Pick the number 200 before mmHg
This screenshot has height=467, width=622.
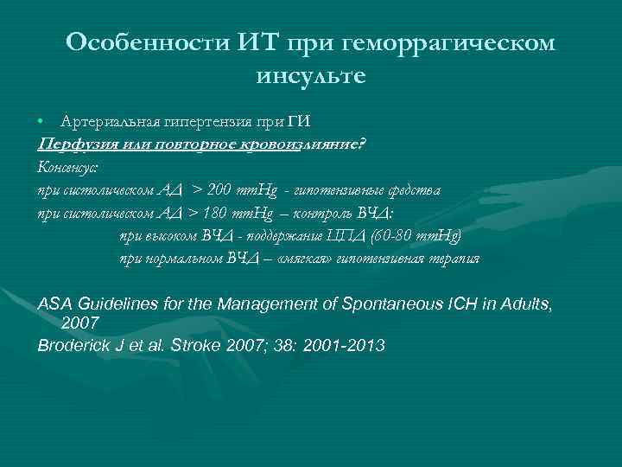click(x=222, y=189)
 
